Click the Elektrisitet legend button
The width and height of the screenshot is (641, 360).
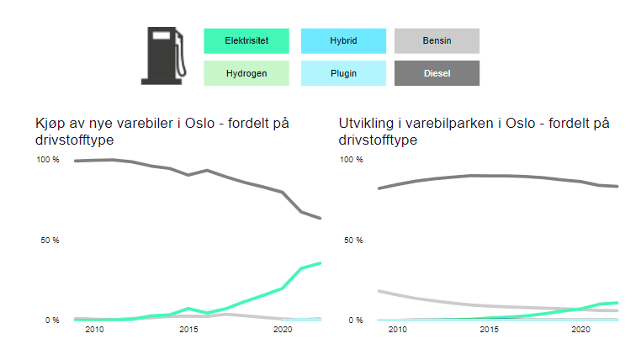(x=246, y=40)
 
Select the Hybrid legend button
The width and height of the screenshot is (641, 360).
(x=343, y=40)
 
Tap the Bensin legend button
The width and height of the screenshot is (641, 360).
(x=437, y=40)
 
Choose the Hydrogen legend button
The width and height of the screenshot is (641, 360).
(x=246, y=73)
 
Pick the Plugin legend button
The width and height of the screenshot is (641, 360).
(x=343, y=73)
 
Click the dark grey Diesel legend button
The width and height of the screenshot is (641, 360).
(x=437, y=73)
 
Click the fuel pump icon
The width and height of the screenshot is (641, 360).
(x=162, y=56)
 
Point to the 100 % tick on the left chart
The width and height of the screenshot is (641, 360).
(x=47, y=160)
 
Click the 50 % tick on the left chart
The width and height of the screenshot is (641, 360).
(x=49, y=241)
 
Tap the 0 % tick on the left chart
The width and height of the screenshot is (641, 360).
(x=50, y=320)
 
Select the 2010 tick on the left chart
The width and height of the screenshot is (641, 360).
(x=94, y=331)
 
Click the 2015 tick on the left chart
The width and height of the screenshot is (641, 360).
(x=189, y=331)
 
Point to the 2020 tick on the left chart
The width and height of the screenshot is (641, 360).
(x=283, y=331)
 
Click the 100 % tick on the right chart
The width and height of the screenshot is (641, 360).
(x=351, y=160)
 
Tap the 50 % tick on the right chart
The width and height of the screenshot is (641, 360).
(x=352, y=241)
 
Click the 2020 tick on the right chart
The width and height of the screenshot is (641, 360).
(x=580, y=331)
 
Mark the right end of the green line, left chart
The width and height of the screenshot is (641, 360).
(x=320, y=263)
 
